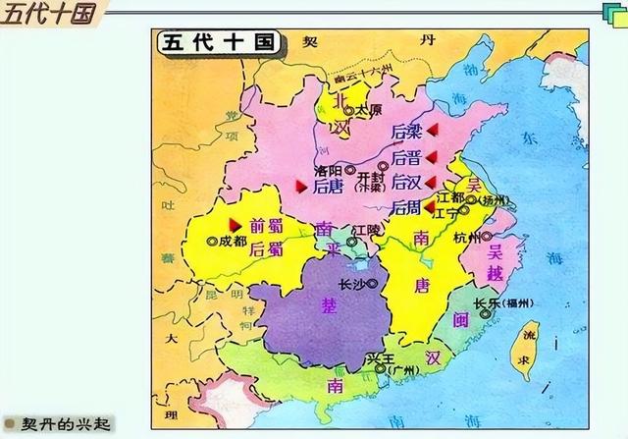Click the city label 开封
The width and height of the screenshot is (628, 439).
369,177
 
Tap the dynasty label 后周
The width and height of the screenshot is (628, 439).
404,207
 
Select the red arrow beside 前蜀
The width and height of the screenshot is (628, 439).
234,224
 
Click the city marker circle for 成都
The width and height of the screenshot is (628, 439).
212,240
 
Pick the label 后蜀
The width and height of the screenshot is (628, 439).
266,248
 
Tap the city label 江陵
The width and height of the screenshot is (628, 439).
365,230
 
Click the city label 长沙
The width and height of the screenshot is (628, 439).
351,284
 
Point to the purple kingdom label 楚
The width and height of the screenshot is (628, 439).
330,305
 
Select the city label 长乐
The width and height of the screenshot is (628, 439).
485,302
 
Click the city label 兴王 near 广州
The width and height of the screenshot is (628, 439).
377,360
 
